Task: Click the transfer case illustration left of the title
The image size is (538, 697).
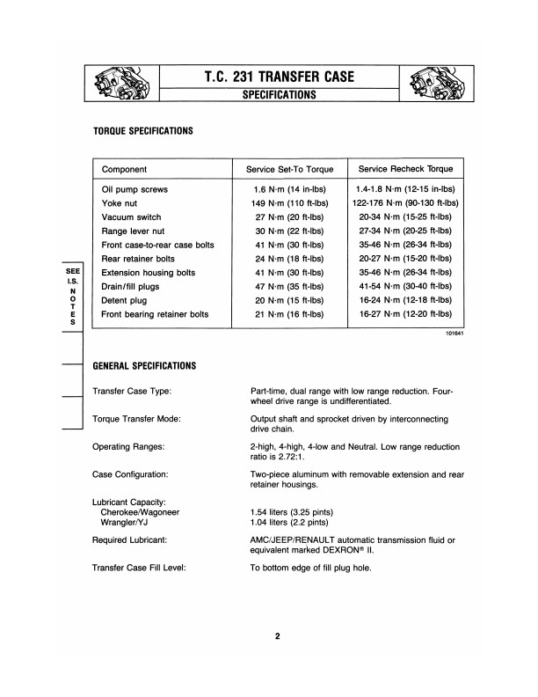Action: pos(120,84)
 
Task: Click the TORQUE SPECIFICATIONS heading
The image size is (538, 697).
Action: pos(142,130)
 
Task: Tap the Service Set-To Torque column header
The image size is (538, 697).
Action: pos(284,169)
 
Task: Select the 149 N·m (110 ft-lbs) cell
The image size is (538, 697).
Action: pos(283,202)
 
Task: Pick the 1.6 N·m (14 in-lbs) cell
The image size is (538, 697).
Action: pos(283,188)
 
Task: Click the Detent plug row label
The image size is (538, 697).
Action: pos(128,300)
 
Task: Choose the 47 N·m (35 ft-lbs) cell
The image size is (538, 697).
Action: pos(283,286)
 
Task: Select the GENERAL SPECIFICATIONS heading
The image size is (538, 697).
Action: pos(144,365)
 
